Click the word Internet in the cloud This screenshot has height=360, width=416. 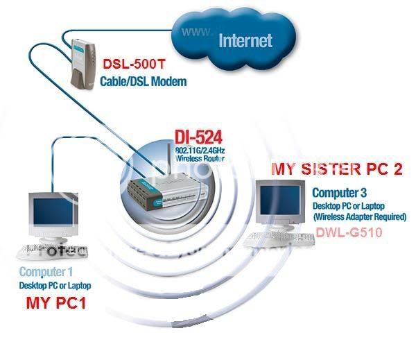245,40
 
